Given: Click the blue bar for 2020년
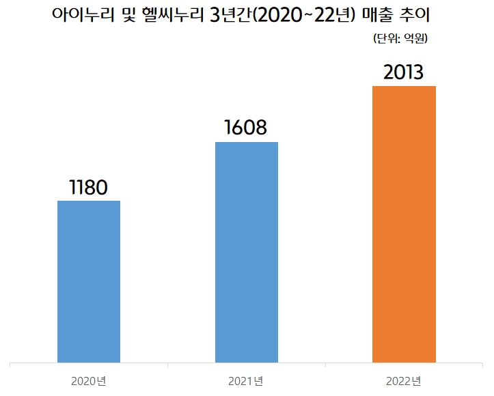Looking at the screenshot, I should (x=89, y=281).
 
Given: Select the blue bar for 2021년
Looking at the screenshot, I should (x=247, y=252).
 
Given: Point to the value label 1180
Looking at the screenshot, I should (x=89, y=188).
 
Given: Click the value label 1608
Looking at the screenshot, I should (x=247, y=128).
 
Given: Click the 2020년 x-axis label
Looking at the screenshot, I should (x=89, y=380).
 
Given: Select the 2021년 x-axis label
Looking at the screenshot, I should (x=247, y=380).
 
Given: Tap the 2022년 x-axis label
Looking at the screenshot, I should (x=404, y=380).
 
